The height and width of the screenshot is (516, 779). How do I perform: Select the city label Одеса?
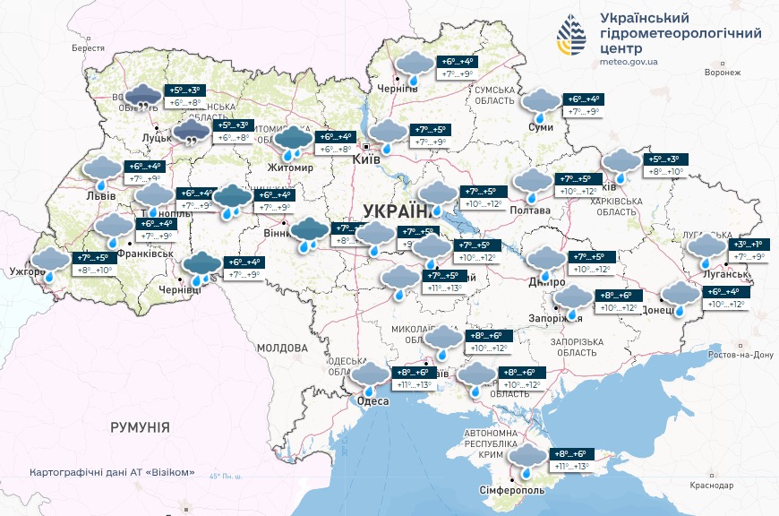(x=373, y=401)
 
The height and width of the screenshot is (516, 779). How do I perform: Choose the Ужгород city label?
(x=28, y=271)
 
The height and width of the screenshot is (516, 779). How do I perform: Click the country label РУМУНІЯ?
(x=140, y=427)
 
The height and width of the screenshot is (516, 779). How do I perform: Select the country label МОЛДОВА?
(x=282, y=348)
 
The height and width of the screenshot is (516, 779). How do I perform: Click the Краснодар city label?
(x=712, y=485)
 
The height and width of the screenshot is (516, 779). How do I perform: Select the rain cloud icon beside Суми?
(x=540, y=104)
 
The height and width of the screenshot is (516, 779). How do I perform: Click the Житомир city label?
(x=290, y=168)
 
